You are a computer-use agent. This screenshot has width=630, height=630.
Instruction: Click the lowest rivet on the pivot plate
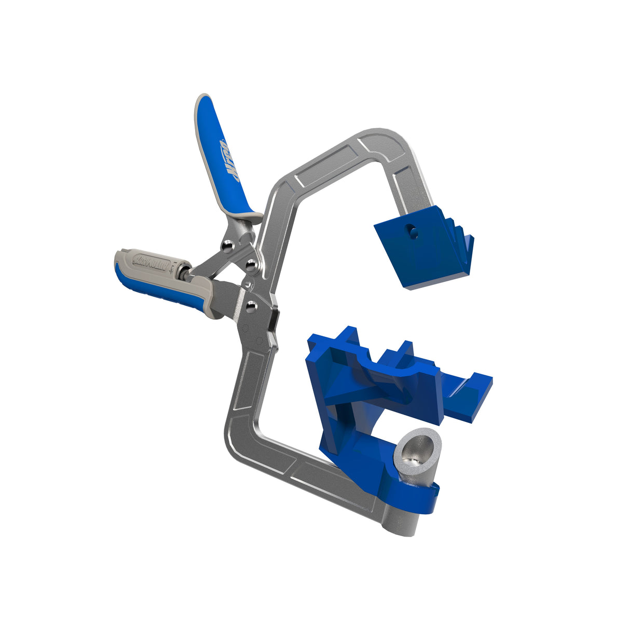[x=251, y=307]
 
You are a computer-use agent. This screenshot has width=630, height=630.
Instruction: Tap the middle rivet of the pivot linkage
[x=251, y=265]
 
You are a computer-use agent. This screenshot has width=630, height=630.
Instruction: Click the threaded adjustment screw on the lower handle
[x=183, y=271]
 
